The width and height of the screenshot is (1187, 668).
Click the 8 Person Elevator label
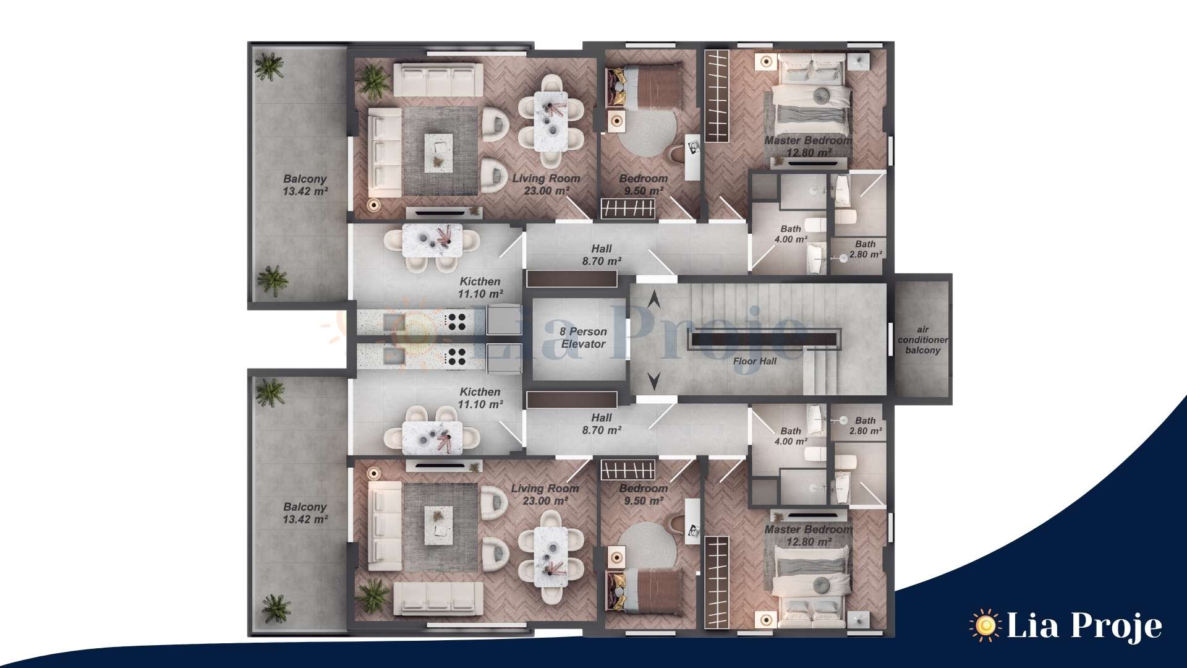pos(583,338)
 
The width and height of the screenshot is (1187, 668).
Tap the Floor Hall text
pos(755,361)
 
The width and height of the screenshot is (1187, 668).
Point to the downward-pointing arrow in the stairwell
pos(653,381)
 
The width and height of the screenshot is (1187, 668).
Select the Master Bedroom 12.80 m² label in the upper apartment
pos(807,147)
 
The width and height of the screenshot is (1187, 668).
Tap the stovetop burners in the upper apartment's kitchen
pos(456,322)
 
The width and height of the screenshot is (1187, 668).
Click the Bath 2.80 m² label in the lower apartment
pos(866,426)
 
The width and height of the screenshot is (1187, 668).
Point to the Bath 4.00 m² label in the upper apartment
pos(791,234)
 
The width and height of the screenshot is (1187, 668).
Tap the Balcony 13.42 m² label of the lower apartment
pos(305,513)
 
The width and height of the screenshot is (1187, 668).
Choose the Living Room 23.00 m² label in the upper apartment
pos(546,184)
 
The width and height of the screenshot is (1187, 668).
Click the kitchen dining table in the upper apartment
pos(432,240)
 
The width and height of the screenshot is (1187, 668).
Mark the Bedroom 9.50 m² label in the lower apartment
pos(644,495)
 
